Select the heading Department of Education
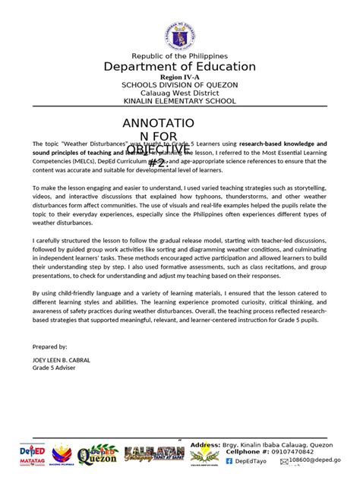coord(179,67)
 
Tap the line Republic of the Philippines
coord(179,56)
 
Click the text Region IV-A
coord(179,77)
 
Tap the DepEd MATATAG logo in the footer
coord(31,454)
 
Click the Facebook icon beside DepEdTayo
coord(229,461)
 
